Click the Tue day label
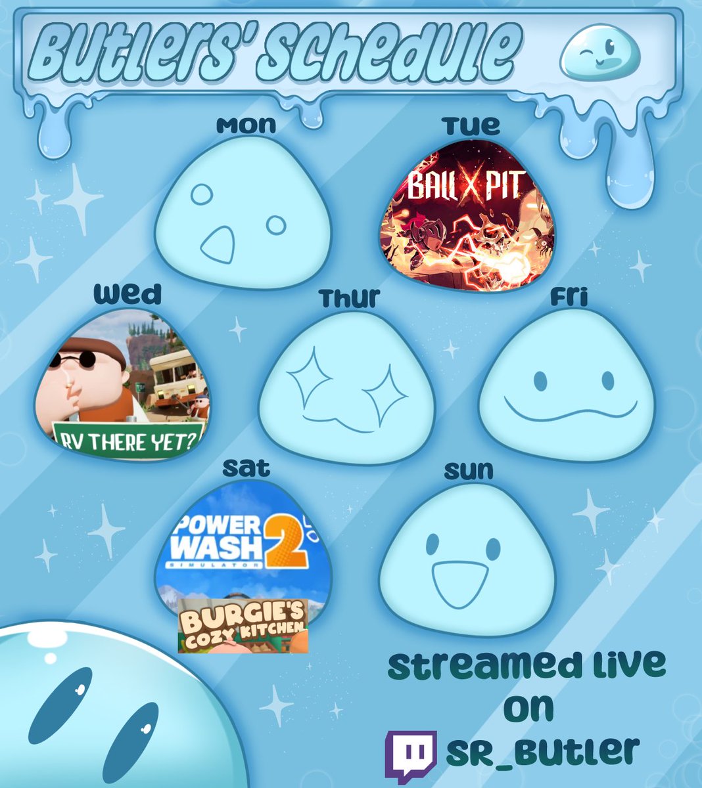(x=471, y=125)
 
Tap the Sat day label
(x=246, y=468)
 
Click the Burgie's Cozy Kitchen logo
(x=243, y=626)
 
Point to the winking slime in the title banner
(x=596, y=55)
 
